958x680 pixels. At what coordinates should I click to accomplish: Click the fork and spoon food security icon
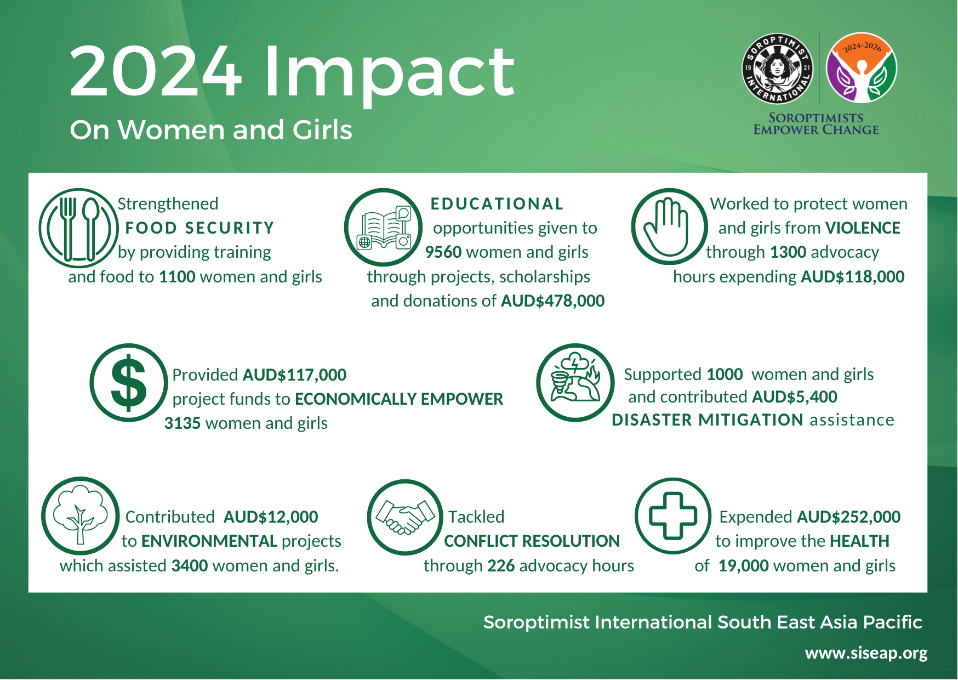(x=78, y=228)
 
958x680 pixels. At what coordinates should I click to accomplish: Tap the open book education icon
(x=384, y=228)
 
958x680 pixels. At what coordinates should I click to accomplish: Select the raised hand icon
(x=669, y=226)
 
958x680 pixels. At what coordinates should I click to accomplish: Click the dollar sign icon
(x=129, y=383)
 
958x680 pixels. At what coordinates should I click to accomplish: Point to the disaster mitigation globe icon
(x=575, y=383)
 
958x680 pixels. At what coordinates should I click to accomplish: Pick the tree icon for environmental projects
(x=81, y=516)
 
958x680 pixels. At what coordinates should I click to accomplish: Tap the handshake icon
(x=405, y=517)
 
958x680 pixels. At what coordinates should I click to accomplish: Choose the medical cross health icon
(x=673, y=516)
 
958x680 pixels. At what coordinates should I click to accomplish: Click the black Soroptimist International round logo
(x=777, y=68)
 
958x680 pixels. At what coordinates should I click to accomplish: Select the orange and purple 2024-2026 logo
(x=862, y=68)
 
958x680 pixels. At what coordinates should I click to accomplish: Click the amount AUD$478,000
(x=552, y=301)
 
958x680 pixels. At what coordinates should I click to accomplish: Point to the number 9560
(x=443, y=252)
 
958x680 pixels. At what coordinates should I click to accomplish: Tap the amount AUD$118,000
(x=853, y=277)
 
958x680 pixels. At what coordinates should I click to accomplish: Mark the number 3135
(x=183, y=423)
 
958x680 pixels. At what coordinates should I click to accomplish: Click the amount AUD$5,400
(x=795, y=397)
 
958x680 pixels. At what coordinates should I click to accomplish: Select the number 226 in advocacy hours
(x=501, y=566)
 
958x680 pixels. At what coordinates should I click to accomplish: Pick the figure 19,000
(x=744, y=566)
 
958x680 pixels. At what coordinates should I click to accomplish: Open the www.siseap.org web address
(x=866, y=653)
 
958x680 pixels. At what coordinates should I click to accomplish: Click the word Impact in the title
(x=389, y=73)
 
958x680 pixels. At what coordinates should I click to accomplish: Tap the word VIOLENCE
(x=863, y=228)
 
